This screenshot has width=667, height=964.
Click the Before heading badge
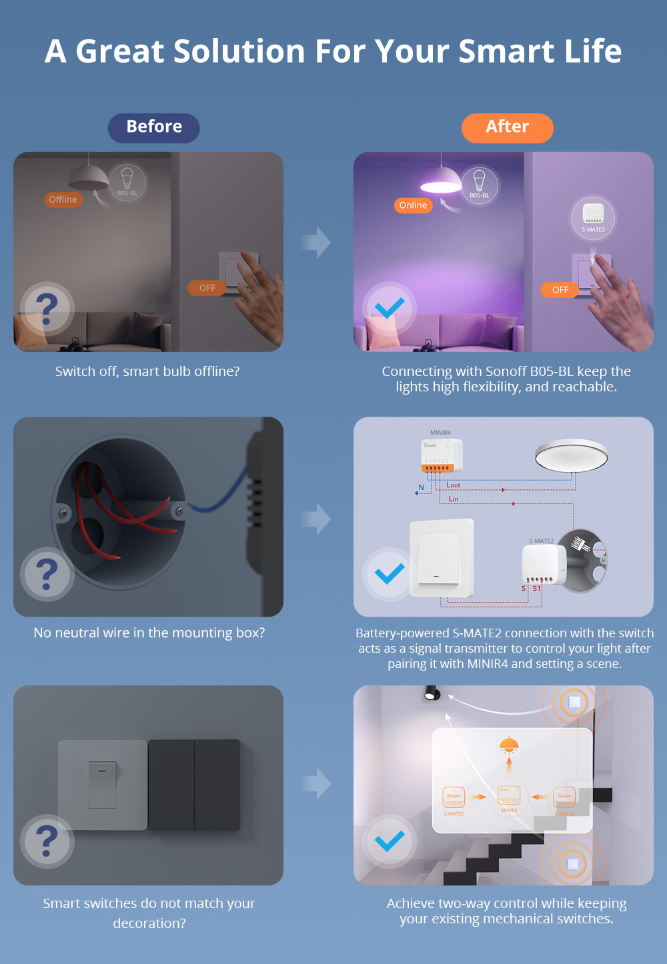(154, 127)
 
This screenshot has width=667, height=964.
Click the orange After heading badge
(507, 127)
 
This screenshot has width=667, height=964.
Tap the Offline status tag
(63, 199)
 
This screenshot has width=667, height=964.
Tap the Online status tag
(413, 205)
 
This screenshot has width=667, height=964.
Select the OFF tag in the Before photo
(207, 288)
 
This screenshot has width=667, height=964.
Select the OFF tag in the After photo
(560, 289)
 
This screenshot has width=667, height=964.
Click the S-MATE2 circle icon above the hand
(593, 217)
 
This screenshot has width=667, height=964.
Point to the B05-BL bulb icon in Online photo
(479, 185)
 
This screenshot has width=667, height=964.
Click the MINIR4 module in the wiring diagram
(441, 455)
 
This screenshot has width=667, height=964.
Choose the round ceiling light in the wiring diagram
(572, 457)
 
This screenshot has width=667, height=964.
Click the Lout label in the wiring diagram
(454, 485)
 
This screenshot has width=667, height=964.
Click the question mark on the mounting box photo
(47, 574)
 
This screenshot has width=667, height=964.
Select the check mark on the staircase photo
(390, 841)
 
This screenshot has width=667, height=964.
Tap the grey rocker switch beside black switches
(103, 785)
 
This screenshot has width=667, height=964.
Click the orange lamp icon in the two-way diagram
(509, 745)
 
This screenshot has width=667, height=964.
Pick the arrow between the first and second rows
(317, 519)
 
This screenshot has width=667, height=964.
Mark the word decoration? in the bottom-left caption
(149, 923)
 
